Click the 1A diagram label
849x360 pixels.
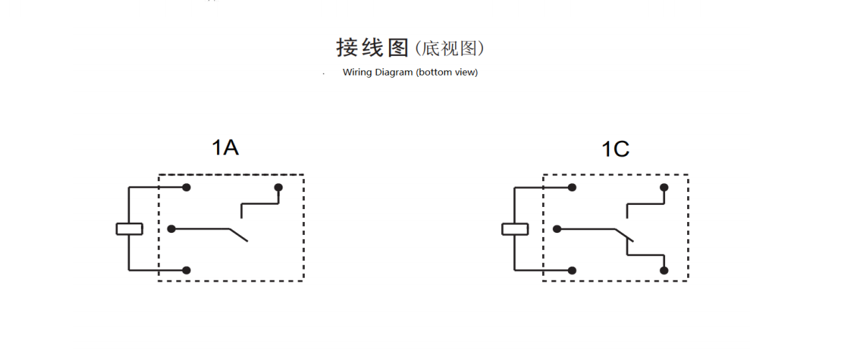pyautogui.click(x=225, y=148)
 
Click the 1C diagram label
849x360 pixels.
pyautogui.click(x=615, y=149)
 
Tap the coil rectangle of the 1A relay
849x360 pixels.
pyautogui.click(x=129, y=229)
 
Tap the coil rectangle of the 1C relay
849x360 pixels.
pyautogui.click(x=515, y=229)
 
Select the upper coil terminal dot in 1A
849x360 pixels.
pyautogui.click(x=187, y=188)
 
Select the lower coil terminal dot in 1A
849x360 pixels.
pyautogui.click(x=187, y=270)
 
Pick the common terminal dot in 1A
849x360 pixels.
pyautogui.click(x=172, y=229)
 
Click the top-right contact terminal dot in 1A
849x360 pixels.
pyautogui.click(x=278, y=188)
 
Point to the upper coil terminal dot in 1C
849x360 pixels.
pyautogui.click(x=572, y=188)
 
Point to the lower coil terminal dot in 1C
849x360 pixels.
pyautogui.click(x=572, y=270)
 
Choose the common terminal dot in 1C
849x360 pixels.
pyautogui.click(x=557, y=229)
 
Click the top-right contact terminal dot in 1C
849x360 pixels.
pyautogui.click(x=664, y=188)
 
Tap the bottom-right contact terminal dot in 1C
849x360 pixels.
pyautogui.click(x=664, y=270)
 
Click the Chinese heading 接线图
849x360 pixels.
pyautogui.click(x=372, y=47)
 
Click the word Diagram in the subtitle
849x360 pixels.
pyautogui.click(x=393, y=72)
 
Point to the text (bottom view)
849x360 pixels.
pyautogui.click(x=446, y=72)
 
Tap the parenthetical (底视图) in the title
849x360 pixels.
pyautogui.click(x=449, y=49)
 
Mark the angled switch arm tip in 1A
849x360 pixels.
pyautogui.click(x=247, y=241)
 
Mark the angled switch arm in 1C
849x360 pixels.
pyautogui.click(x=624, y=235)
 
